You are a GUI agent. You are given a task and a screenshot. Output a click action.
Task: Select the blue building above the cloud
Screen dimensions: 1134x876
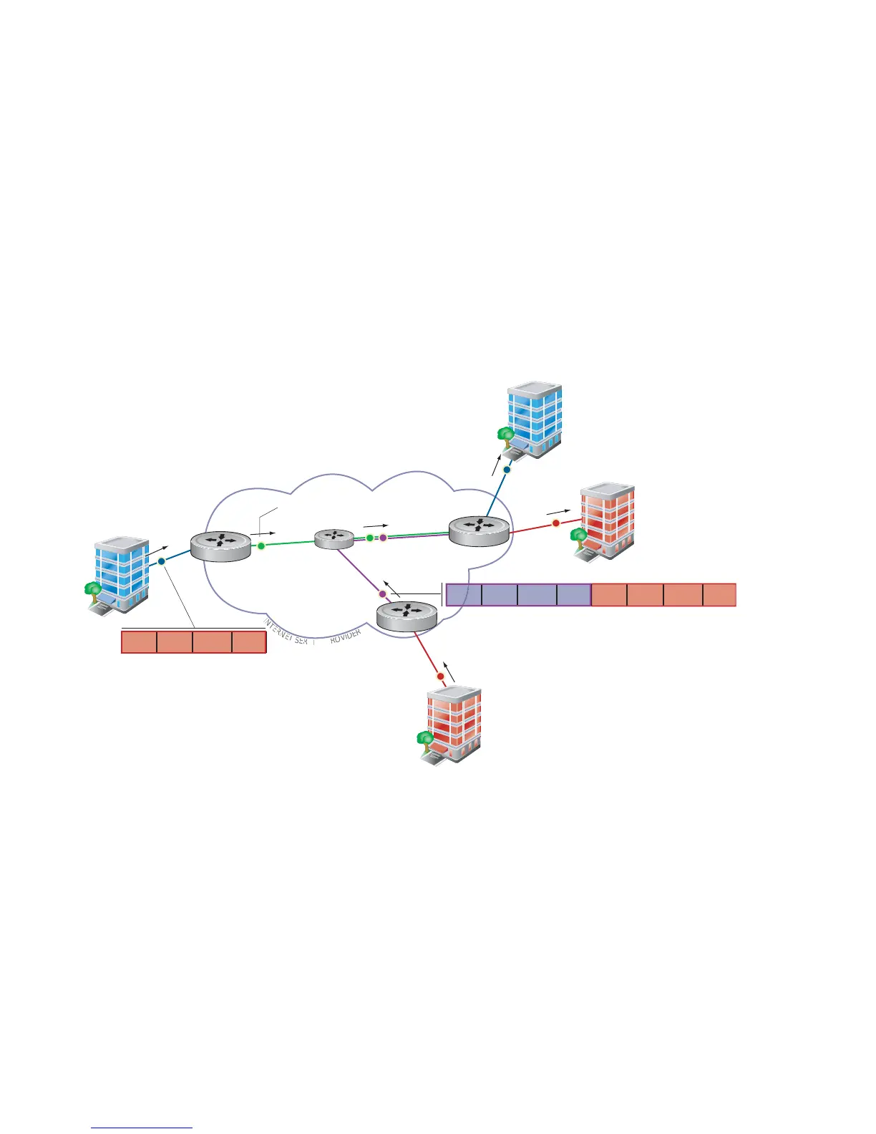pos(534,419)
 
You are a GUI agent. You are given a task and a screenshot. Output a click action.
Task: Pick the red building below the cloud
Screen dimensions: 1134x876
pos(453,725)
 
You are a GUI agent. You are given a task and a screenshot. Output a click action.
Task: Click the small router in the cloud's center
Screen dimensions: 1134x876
pos(334,538)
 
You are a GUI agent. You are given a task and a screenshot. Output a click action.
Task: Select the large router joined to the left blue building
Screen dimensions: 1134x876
pos(221,546)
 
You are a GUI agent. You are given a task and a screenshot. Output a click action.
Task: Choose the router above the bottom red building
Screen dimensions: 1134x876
pos(407,616)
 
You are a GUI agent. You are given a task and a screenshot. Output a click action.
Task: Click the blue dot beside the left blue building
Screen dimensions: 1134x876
pos(162,561)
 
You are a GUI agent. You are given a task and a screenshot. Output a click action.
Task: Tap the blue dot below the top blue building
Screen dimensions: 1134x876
pos(507,470)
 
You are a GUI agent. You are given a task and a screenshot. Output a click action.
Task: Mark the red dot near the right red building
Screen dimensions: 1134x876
pos(556,523)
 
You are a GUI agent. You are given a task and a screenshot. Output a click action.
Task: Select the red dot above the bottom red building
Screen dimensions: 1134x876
pos(441,676)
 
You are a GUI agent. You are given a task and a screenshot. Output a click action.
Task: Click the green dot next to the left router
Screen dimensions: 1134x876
pos(261,546)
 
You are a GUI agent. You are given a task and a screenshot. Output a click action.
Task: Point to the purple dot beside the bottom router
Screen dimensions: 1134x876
pos(382,594)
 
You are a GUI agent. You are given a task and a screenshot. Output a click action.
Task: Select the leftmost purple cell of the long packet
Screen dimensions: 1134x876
pos(464,595)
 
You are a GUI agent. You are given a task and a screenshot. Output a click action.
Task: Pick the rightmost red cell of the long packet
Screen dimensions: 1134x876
pos(719,595)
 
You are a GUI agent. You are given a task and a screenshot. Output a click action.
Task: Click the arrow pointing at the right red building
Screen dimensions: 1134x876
pos(559,511)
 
